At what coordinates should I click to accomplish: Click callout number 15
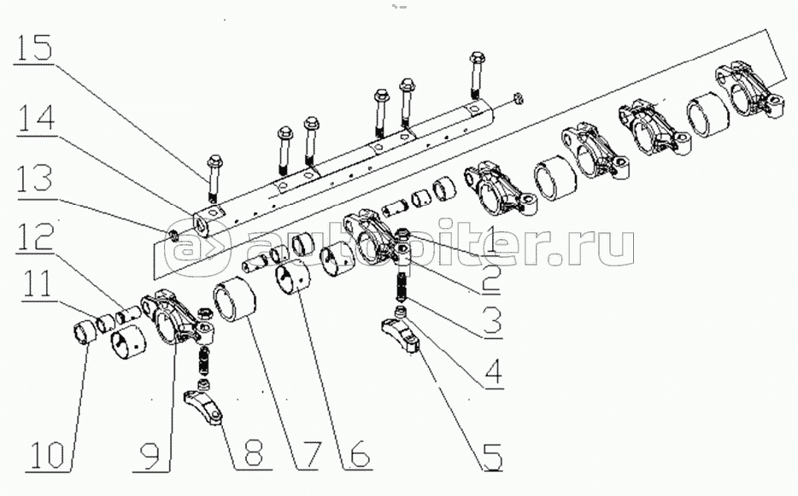(33, 48)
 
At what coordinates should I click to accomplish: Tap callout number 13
(35, 178)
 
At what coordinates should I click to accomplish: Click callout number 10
(47, 454)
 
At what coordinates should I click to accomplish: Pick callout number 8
(253, 452)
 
